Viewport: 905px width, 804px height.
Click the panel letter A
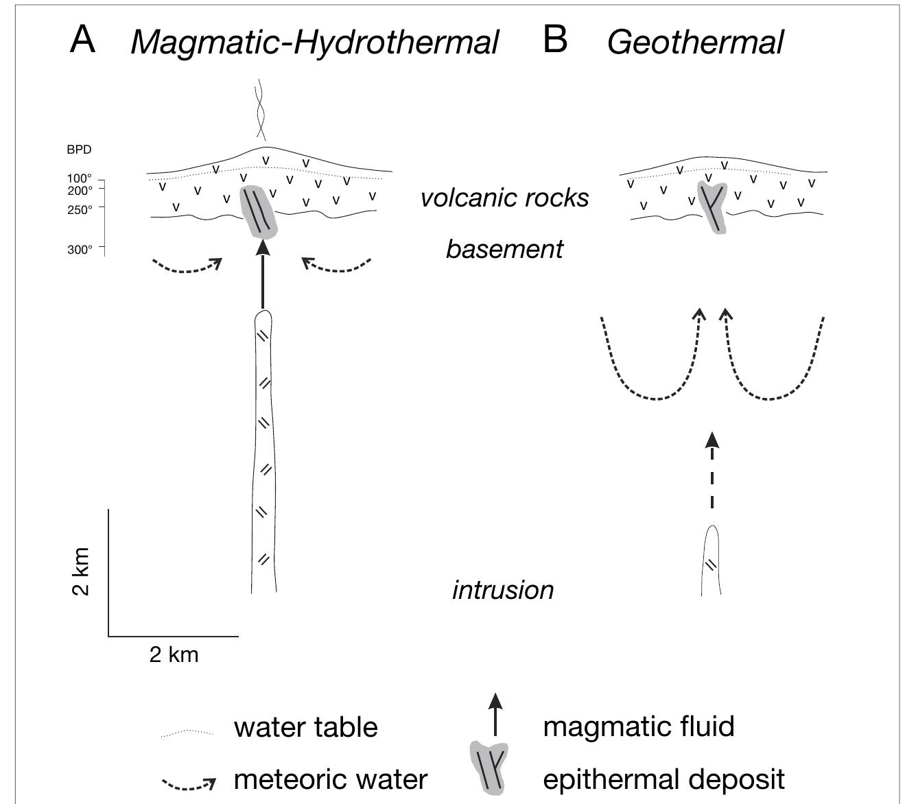click(x=82, y=40)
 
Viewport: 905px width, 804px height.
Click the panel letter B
click(x=555, y=40)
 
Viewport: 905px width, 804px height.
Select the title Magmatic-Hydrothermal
click(x=314, y=43)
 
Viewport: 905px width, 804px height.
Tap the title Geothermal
click(x=694, y=43)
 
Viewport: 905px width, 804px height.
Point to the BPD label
click(x=79, y=150)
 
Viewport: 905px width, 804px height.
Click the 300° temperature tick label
click(x=80, y=250)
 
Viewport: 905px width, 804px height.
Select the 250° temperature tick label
click(x=80, y=210)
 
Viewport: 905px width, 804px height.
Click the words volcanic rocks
click(x=504, y=198)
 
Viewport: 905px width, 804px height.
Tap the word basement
click(x=504, y=248)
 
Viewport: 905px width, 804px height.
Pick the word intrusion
click(x=503, y=590)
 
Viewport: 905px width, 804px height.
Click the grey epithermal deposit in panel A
click(x=259, y=213)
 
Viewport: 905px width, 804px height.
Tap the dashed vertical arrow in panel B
click(x=712, y=473)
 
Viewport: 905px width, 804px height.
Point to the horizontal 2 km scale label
click(x=174, y=654)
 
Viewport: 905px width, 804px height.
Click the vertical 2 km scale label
click(x=81, y=571)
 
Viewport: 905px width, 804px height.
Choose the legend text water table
click(x=305, y=727)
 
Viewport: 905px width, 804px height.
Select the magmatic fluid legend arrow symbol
click(x=495, y=714)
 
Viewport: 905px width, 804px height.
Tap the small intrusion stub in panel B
click(x=712, y=563)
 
